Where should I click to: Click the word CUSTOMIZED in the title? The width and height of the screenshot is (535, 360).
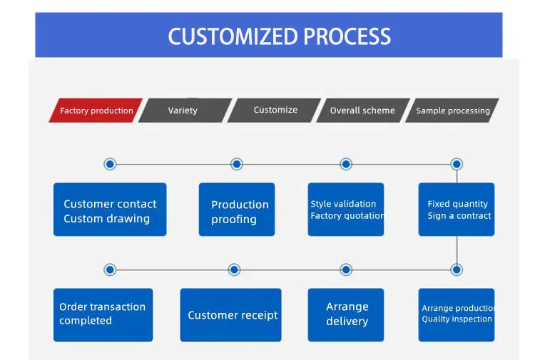(x=233, y=36)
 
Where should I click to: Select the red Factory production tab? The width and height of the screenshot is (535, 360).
(x=96, y=110)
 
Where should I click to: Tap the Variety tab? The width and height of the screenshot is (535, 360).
(x=183, y=110)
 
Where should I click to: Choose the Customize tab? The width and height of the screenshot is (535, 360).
(x=275, y=110)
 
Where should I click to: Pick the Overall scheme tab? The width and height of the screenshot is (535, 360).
(x=362, y=110)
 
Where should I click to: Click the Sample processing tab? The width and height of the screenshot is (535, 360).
(x=452, y=110)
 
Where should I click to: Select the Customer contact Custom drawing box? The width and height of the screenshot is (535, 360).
(x=110, y=210)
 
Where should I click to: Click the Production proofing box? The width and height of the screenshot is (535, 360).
(x=236, y=210)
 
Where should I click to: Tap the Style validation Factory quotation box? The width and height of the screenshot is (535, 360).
(x=346, y=210)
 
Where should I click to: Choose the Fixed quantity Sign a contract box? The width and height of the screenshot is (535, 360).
(x=457, y=210)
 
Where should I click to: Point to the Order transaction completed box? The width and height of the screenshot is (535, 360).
(x=103, y=314)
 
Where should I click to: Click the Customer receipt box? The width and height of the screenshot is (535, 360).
(x=230, y=314)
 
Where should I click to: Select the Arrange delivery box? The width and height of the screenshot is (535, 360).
(x=346, y=314)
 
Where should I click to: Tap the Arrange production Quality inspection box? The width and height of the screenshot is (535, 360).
(x=457, y=314)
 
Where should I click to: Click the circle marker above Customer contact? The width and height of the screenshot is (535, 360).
(x=110, y=164)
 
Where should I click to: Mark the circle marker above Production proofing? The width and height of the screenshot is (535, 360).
(x=237, y=164)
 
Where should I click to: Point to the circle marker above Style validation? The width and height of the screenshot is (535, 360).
(x=346, y=164)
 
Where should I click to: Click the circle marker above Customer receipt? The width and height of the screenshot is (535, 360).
(x=234, y=269)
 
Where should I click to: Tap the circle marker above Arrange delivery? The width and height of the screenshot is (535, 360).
(x=346, y=269)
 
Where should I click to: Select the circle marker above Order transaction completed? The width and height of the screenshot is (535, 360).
(x=110, y=269)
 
